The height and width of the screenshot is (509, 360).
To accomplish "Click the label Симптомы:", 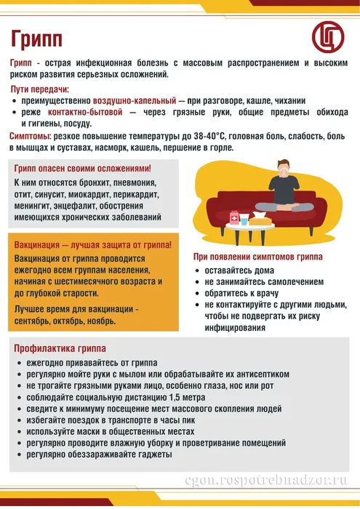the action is point(30,136).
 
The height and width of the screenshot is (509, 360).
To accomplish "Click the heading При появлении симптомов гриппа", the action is point(257,257).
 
